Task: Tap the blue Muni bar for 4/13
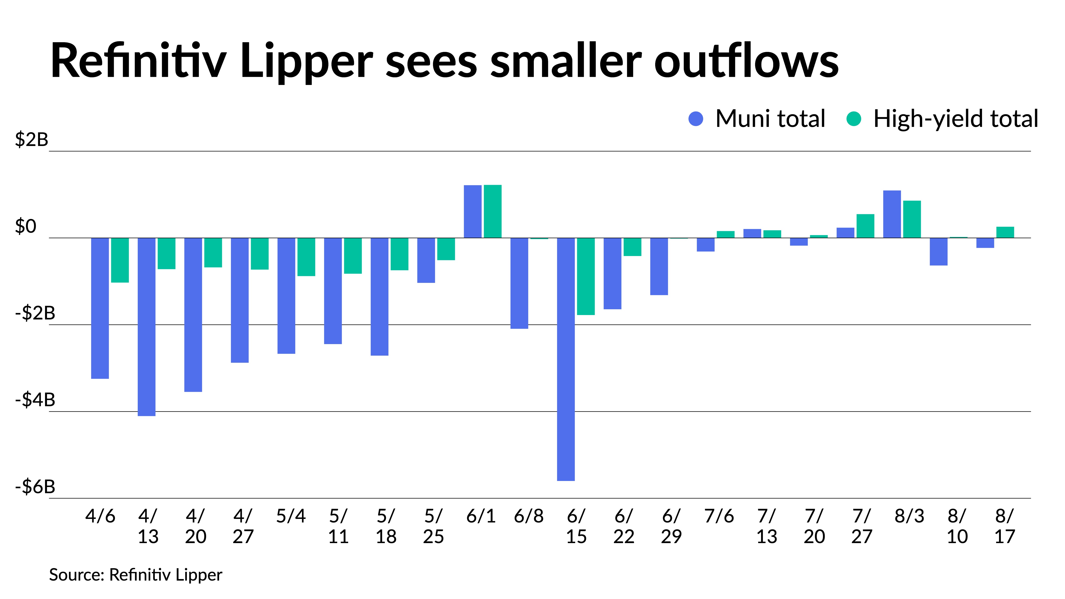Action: click(x=146, y=327)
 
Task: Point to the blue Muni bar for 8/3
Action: click(x=892, y=214)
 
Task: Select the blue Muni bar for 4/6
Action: click(x=100, y=308)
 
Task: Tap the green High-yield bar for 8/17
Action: click(x=1005, y=232)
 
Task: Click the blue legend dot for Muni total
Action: click(x=696, y=119)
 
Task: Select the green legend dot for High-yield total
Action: click(x=854, y=119)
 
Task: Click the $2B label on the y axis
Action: click(x=32, y=140)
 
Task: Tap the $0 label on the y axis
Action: click(x=26, y=227)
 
